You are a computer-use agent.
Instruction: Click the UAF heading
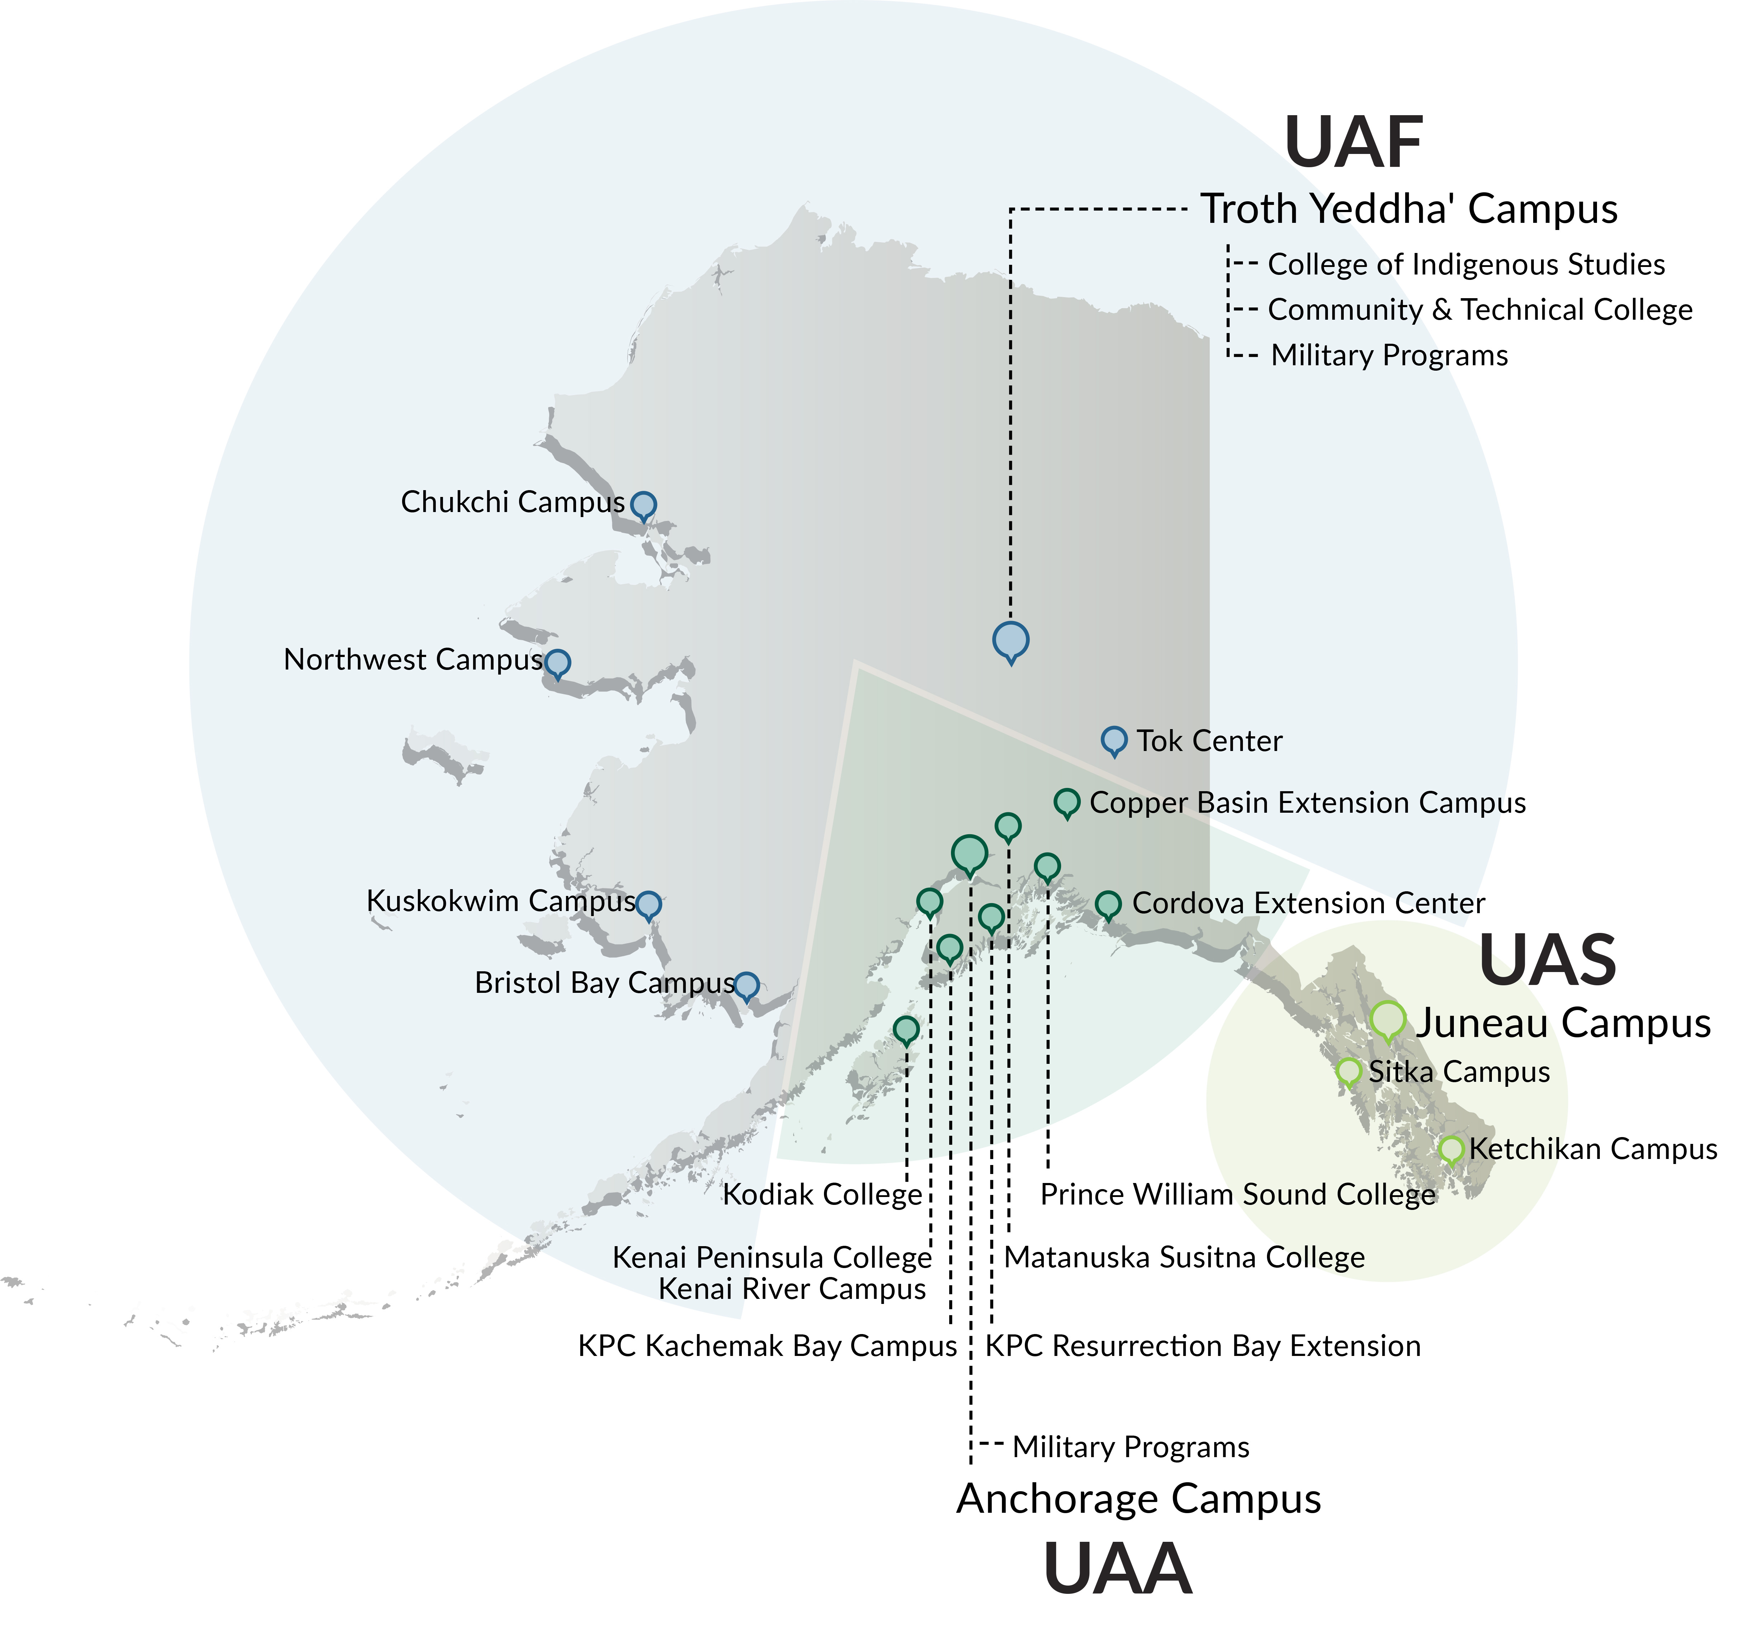tap(1354, 143)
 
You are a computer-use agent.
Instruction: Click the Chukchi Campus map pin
tap(644, 505)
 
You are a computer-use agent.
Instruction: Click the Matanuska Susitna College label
tap(1184, 1257)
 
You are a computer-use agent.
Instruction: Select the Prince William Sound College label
tap(1238, 1194)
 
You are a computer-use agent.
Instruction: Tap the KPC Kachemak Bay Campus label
tap(767, 1346)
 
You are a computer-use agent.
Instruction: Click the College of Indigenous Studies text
tap(1466, 264)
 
